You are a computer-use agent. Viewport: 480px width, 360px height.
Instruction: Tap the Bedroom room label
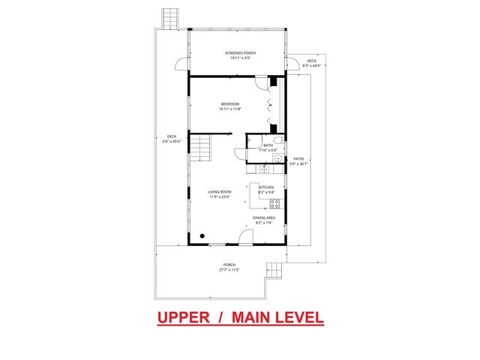[x=229, y=105]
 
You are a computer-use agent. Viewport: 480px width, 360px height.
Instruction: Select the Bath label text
[x=268, y=146]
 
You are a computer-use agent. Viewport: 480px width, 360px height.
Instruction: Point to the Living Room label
[x=220, y=193]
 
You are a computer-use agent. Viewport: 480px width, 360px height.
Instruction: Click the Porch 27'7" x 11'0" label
[x=229, y=266]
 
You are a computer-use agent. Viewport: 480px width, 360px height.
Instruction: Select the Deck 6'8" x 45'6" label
[x=171, y=139]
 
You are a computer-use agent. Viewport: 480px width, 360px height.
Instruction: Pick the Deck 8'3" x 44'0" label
[x=310, y=64]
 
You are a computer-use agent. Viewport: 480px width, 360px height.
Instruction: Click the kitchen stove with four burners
[x=274, y=202]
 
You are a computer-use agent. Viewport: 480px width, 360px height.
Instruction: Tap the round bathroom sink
[x=277, y=159]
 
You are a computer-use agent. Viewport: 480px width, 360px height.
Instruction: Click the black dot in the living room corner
[x=202, y=234]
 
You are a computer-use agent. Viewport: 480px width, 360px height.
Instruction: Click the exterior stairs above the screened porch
[x=170, y=18]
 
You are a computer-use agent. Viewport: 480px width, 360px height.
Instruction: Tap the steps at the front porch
[x=275, y=271]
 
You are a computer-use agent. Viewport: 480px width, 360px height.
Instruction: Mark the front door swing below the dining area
[x=244, y=238]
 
